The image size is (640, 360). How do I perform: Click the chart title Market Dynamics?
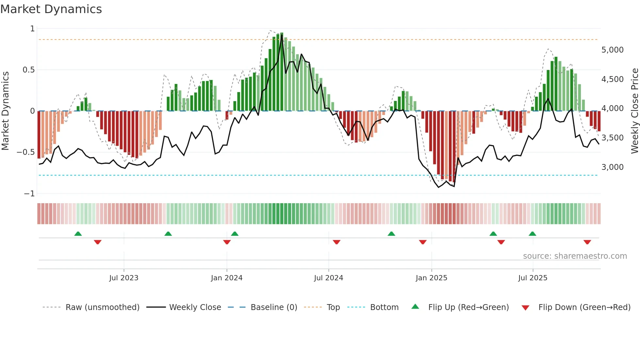[x=51, y=9]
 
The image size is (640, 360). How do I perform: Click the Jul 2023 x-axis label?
[x=124, y=278]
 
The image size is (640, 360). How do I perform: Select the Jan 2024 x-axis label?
[x=227, y=278]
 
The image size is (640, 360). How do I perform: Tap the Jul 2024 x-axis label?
[x=328, y=278]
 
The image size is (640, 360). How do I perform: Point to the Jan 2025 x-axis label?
[x=431, y=278]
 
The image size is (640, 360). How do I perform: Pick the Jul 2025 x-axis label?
[x=533, y=278]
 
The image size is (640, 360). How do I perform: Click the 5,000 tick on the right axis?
[x=612, y=50]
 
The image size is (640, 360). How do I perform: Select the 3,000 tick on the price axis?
[x=612, y=167]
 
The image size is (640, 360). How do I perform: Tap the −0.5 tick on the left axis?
[x=25, y=152]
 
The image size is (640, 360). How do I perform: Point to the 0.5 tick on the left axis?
[x=28, y=70]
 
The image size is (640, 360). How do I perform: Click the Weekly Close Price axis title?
[x=634, y=111]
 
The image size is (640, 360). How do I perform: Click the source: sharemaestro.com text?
[x=575, y=256]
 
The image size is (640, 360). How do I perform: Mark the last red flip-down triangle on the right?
[x=587, y=242]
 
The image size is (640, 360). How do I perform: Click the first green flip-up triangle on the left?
[x=78, y=234]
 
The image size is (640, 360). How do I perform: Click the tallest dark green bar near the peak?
[x=282, y=72]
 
